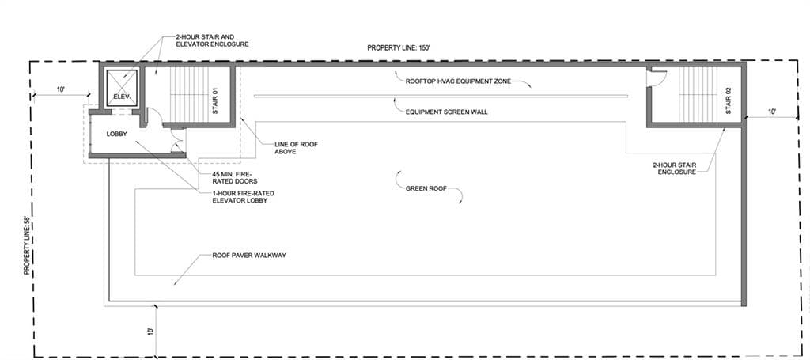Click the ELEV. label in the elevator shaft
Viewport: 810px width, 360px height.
pyautogui.click(x=122, y=97)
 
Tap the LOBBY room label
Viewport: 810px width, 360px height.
pyautogui.click(x=117, y=134)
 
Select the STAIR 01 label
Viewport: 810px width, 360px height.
pyautogui.click(x=216, y=100)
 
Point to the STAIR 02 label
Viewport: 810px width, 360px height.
pyautogui.click(x=729, y=100)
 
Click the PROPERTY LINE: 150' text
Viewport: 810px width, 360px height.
pyautogui.click(x=399, y=48)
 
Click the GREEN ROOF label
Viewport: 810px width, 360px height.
pyautogui.click(x=426, y=188)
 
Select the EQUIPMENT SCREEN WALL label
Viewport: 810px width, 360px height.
pyautogui.click(x=447, y=112)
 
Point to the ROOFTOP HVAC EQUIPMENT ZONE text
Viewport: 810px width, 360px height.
pyautogui.click(x=458, y=81)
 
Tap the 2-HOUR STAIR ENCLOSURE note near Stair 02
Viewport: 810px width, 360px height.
pyautogui.click(x=674, y=169)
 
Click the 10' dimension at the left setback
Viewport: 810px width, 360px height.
pyautogui.click(x=60, y=89)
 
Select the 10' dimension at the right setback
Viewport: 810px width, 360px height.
pyautogui.click(x=772, y=112)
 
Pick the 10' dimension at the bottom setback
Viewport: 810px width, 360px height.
pyautogui.click(x=150, y=330)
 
